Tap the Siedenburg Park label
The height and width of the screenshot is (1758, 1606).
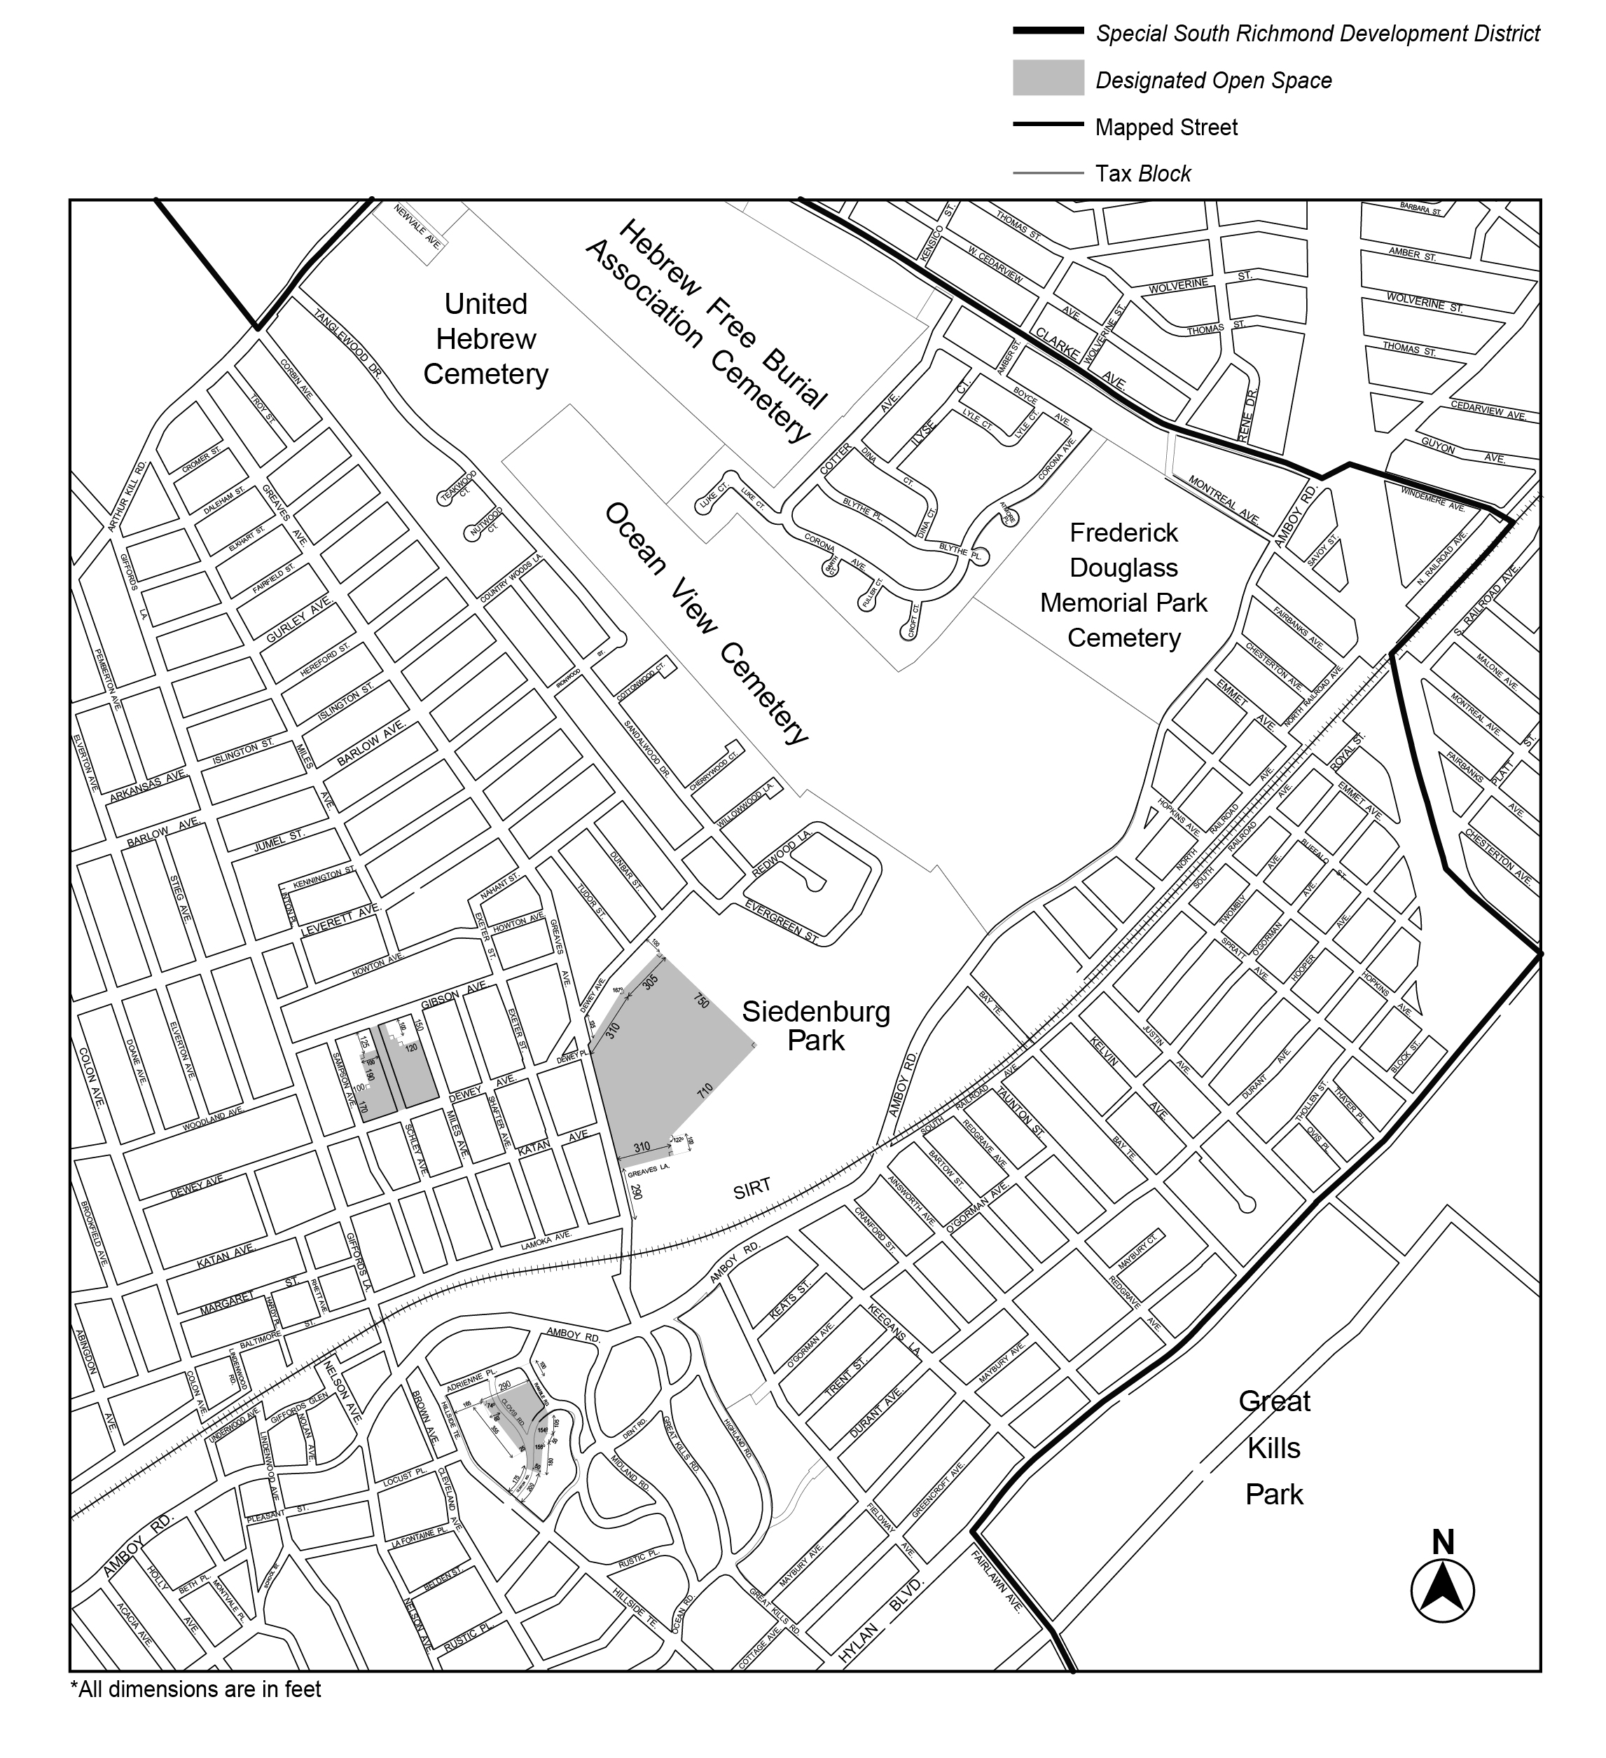tap(815, 1026)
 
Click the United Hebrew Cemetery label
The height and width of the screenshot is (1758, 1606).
tap(485, 338)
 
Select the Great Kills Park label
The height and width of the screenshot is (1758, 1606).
tap(1274, 1448)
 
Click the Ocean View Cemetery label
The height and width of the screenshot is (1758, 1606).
tap(706, 623)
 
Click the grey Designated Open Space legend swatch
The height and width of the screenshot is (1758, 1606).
tap(1048, 78)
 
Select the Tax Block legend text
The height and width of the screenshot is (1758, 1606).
tap(1142, 174)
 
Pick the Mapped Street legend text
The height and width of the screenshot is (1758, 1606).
tap(1165, 128)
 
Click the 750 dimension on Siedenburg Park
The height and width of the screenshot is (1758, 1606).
tap(702, 1001)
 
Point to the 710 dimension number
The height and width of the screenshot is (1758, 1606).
tap(705, 1091)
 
